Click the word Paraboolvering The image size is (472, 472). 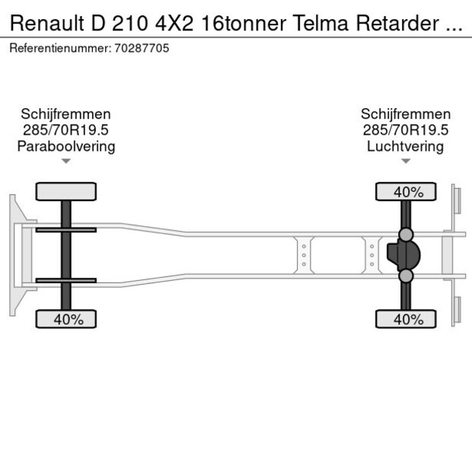click(x=66, y=146)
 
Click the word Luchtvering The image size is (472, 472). click(x=405, y=146)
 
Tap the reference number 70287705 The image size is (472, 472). click(x=142, y=48)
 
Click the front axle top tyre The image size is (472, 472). click(x=66, y=191)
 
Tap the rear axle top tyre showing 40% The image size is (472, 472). click(x=406, y=191)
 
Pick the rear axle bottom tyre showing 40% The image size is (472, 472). click(x=406, y=320)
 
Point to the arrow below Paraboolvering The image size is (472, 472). click(x=66, y=161)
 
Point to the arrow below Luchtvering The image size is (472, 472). click(x=406, y=161)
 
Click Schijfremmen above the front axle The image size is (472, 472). click(x=66, y=114)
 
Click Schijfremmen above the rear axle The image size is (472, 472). click(x=405, y=114)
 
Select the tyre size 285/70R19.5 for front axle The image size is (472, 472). click(x=66, y=130)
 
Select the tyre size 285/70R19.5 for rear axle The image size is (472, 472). click(x=405, y=130)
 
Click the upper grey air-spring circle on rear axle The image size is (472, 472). click(x=406, y=234)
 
